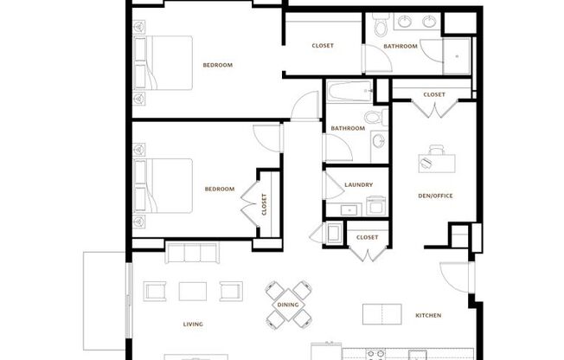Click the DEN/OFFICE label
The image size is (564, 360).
pyautogui.click(x=435, y=196)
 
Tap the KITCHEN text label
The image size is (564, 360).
pyautogui.click(x=428, y=316)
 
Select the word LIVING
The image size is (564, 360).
pyautogui.click(x=192, y=325)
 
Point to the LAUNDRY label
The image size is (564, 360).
pyautogui.click(x=358, y=185)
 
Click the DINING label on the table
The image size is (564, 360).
pyautogui.click(x=287, y=305)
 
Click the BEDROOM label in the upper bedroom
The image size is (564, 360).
pyautogui.click(x=217, y=65)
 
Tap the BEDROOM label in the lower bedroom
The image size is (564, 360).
pyautogui.click(x=219, y=189)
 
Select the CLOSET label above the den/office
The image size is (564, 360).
pyautogui.click(x=434, y=94)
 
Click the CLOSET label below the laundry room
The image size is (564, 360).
pyautogui.click(x=367, y=237)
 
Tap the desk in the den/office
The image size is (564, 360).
pyautogui.click(x=438, y=158)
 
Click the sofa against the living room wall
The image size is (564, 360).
pyautogui.click(x=194, y=253)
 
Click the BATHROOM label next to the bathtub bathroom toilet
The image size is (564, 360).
pyautogui.click(x=346, y=129)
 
